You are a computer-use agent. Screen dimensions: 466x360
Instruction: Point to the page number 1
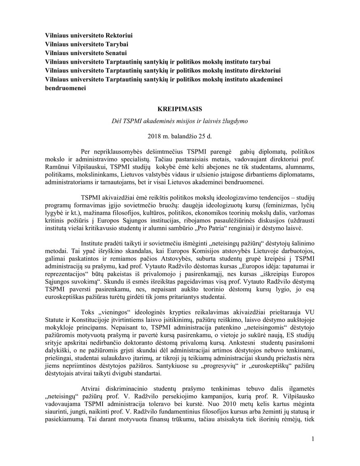(313, 439)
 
